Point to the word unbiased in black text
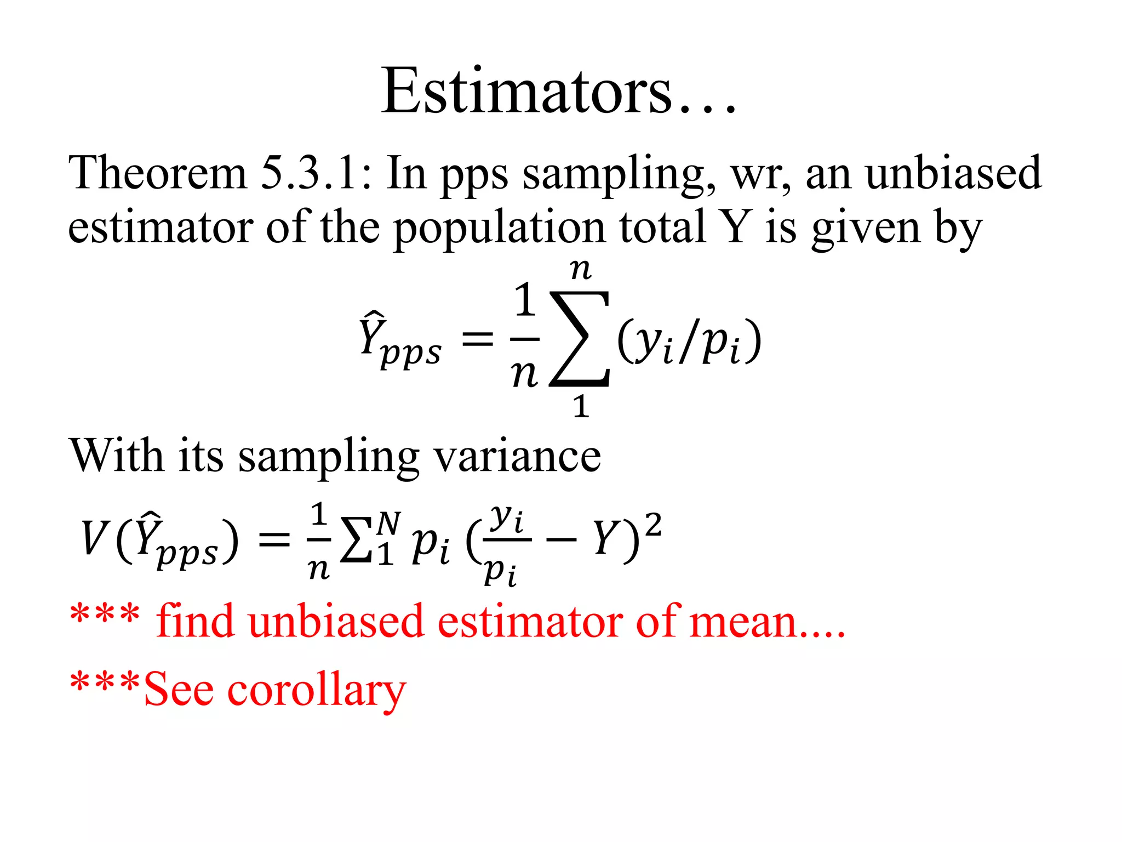pyautogui.click(x=953, y=173)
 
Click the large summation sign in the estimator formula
pyautogui.click(x=580, y=339)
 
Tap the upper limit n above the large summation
pyautogui.click(x=581, y=270)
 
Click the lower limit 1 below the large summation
pyautogui.click(x=581, y=407)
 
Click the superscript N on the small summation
pyautogui.click(x=388, y=523)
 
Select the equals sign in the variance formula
pyautogui.click(x=274, y=539)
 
